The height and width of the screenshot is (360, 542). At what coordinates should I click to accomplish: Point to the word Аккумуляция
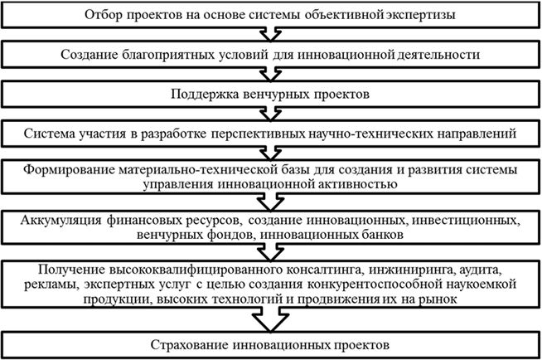click(60, 220)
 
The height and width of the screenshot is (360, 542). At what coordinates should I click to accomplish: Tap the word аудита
click(480, 270)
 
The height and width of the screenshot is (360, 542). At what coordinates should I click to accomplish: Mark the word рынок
click(438, 299)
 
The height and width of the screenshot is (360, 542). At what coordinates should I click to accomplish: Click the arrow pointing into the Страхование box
click(270, 319)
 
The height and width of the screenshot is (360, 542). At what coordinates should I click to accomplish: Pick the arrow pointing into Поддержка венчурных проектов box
click(271, 74)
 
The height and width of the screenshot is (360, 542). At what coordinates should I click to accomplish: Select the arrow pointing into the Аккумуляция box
click(271, 202)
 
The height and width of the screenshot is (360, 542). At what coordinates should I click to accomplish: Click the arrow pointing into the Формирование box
click(271, 153)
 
